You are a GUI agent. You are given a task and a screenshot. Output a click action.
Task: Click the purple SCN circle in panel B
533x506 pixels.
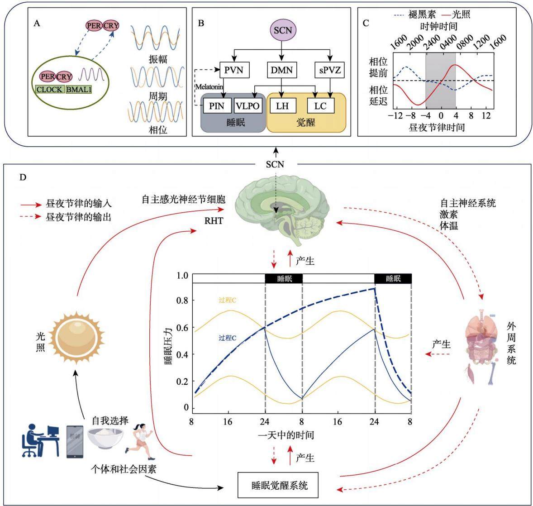tap(283, 30)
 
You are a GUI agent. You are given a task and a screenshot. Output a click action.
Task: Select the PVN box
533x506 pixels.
tap(234, 70)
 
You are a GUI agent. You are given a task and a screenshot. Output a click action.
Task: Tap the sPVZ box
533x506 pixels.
tap(329, 70)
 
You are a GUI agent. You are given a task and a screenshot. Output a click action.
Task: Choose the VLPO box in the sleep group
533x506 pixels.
tap(247, 106)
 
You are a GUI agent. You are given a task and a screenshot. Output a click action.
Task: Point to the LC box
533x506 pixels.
tap(320, 106)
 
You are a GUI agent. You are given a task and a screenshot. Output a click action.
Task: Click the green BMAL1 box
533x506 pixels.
tap(79, 90)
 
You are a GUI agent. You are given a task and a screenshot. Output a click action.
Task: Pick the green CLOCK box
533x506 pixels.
tap(50, 90)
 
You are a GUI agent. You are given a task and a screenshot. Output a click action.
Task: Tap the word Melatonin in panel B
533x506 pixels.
tap(209, 87)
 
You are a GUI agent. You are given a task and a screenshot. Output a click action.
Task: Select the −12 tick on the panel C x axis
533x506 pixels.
tap(395, 115)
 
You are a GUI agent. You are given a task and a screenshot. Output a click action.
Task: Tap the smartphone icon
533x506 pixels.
tap(75, 441)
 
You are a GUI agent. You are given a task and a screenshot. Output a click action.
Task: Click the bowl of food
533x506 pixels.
tap(105, 438)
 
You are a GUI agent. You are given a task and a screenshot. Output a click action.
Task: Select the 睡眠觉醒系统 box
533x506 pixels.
tap(278, 485)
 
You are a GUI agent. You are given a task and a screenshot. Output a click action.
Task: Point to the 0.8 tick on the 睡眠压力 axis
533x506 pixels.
tap(182, 300)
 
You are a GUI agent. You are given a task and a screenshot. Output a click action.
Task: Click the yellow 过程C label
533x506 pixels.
tap(228, 300)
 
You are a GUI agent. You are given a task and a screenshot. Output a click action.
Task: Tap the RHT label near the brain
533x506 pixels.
tap(214, 221)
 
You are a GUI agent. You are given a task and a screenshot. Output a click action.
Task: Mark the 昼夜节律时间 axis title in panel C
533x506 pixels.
tap(437, 128)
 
